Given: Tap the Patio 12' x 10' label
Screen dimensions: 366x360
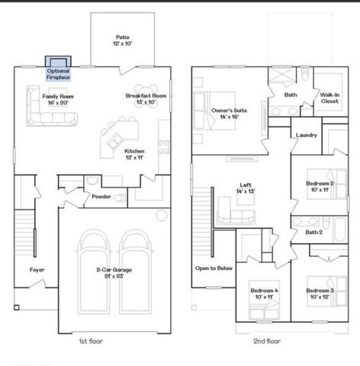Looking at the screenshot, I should point(122,40).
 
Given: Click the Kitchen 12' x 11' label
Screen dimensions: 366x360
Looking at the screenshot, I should point(135,155).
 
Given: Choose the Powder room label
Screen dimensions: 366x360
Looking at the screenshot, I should point(101,196).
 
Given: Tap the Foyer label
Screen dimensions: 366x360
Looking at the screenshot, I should point(37,270).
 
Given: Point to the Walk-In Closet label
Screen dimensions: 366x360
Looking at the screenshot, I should point(329,98).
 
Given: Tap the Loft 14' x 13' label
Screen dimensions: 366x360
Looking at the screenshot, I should point(245,188).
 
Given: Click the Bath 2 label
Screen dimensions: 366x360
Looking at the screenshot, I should point(313,232).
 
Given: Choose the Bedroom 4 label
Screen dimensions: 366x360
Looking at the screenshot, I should point(265,294).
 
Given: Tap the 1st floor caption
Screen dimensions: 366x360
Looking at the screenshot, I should point(92,341).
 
